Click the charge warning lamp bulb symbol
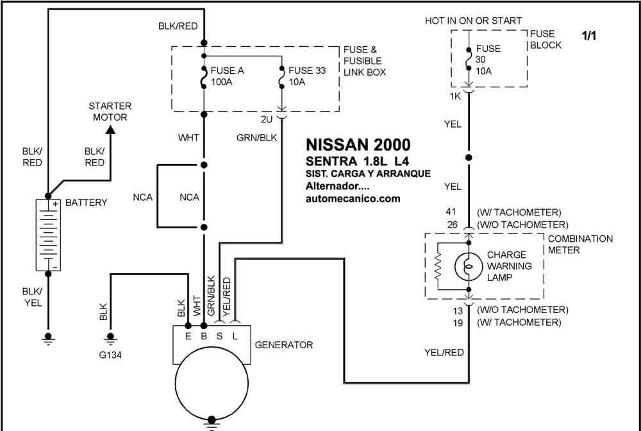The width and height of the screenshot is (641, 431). pyautogui.click(x=469, y=267)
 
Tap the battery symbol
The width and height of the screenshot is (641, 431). pyautogui.click(x=48, y=235)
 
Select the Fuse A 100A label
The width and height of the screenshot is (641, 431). pyautogui.click(x=228, y=76)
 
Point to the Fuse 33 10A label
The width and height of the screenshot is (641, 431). pyautogui.click(x=307, y=76)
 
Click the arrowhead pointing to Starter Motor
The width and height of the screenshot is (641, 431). pyautogui.click(x=110, y=129)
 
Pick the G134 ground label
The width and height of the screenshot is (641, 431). pyautogui.click(x=110, y=355)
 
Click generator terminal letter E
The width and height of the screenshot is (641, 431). pyautogui.click(x=188, y=336)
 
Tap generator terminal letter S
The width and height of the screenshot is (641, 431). pyautogui.click(x=219, y=336)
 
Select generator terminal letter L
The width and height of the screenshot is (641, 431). pyautogui.click(x=235, y=336)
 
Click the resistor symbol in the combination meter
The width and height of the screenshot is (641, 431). pyautogui.click(x=438, y=266)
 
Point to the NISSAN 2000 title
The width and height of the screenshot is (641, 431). pyautogui.click(x=358, y=145)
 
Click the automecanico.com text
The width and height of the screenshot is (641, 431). pyautogui.click(x=353, y=199)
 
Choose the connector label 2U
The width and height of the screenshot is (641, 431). pyautogui.click(x=267, y=120)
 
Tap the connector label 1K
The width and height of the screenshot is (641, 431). pyautogui.click(x=455, y=96)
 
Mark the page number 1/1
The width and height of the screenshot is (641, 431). pyautogui.click(x=589, y=36)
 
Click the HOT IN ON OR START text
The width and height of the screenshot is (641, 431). pyautogui.click(x=474, y=21)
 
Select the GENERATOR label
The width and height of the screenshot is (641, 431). pyautogui.click(x=284, y=344)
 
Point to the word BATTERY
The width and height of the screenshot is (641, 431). pyautogui.click(x=87, y=203)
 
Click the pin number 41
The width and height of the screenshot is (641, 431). pyautogui.click(x=451, y=212)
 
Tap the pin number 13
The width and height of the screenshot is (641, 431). pyautogui.click(x=458, y=311)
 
